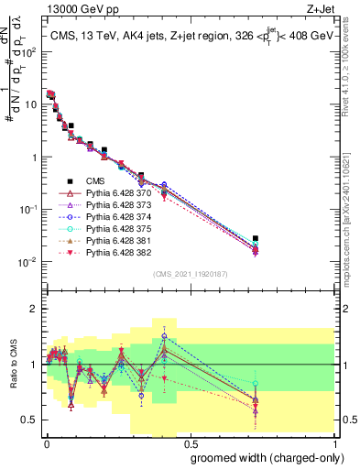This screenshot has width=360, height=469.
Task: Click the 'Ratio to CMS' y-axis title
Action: (x=14, y=376)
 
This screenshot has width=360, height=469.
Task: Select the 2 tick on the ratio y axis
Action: (x=36, y=309)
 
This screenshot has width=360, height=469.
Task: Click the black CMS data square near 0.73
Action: (x=256, y=238)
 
